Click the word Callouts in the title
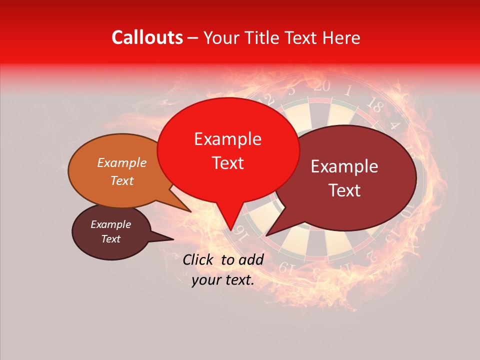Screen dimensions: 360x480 147,37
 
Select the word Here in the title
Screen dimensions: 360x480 340,37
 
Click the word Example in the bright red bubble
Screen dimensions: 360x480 227,139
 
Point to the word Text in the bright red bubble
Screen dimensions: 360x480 227,163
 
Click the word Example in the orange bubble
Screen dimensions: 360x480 122,162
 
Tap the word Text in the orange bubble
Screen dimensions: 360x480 122,180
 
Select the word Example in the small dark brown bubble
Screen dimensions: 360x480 110,224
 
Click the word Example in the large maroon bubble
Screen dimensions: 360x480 344,166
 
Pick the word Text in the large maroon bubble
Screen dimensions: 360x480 345,190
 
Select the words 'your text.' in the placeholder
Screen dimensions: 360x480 223,280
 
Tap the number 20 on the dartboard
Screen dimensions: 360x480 322,86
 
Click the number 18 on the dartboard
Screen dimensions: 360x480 374,104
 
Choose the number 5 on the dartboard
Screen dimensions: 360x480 291,90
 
